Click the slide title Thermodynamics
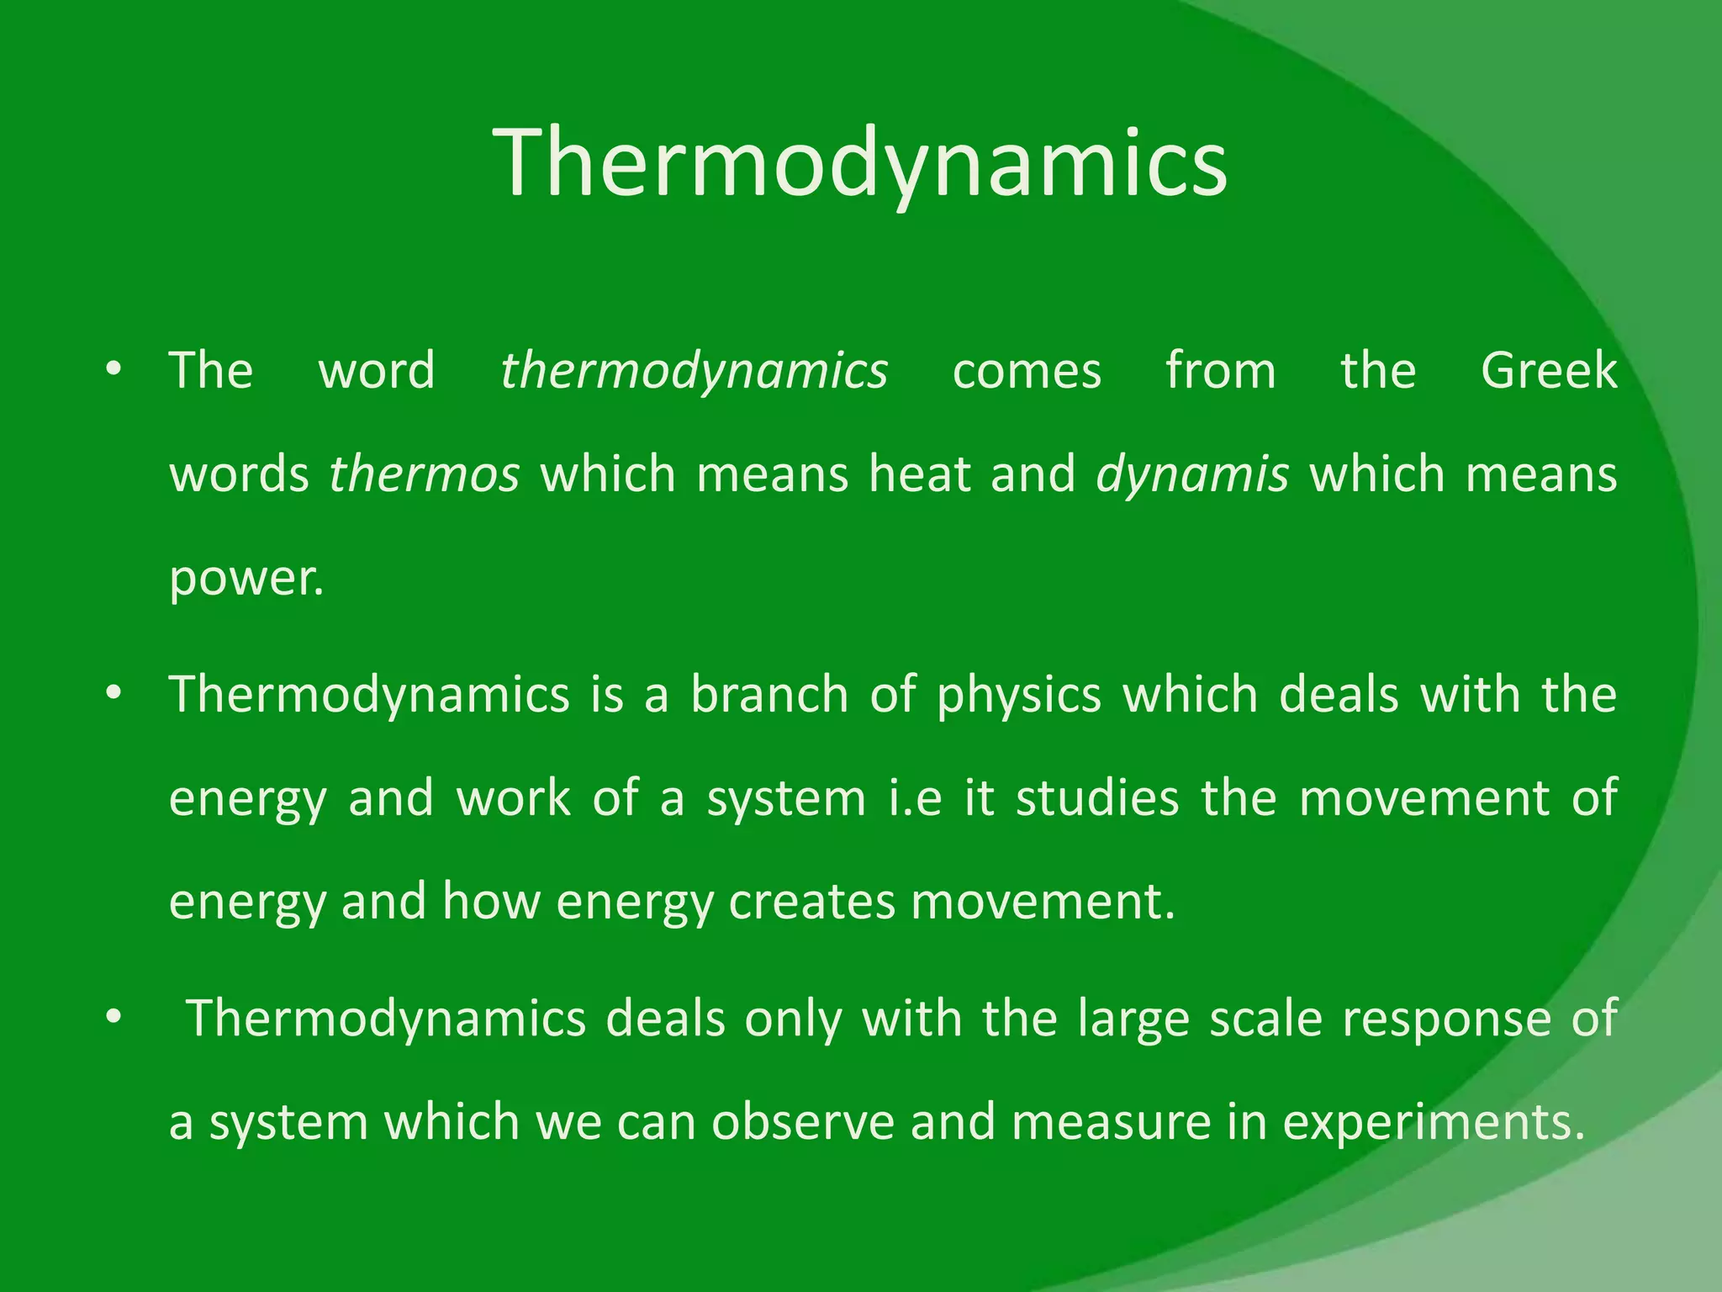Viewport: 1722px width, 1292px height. (x=861, y=164)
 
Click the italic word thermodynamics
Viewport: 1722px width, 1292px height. (x=694, y=371)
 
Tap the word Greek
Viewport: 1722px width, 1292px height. (x=1548, y=371)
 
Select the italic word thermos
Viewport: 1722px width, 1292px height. (x=424, y=474)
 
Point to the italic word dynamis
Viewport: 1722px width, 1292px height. (x=1192, y=474)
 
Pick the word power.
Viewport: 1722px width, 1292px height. (x=246, y=580)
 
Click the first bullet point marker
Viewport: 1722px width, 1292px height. (x=114, y=370)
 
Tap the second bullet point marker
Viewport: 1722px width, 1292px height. (x=114, y=694)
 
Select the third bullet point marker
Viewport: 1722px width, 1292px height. (x=114, y=1019)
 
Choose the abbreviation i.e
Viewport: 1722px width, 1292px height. (x=916, y=798)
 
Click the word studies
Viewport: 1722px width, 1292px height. (x=1097, y=798)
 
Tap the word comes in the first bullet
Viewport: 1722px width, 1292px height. (x=1026, y=371)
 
